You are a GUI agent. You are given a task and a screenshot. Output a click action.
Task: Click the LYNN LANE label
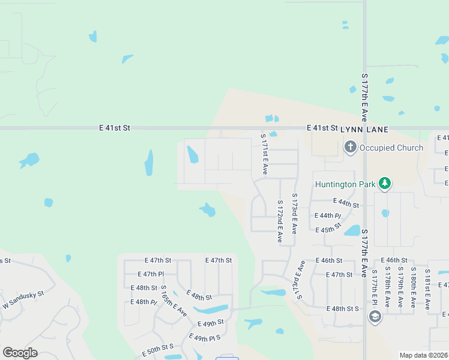[364, 129]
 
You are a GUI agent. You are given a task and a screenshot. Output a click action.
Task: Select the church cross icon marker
[350, 147]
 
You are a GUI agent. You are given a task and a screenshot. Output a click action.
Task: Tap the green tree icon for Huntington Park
[385, 183]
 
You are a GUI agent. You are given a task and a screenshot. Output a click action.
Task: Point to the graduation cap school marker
[375, 316]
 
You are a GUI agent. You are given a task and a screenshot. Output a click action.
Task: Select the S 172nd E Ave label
[280, 221]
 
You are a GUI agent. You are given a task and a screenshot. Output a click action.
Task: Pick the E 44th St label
[346, 205]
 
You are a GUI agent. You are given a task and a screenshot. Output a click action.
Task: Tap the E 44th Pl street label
[328, 215]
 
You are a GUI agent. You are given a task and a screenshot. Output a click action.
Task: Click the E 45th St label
[328, 228]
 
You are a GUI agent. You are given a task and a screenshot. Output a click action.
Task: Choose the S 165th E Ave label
[173, 302]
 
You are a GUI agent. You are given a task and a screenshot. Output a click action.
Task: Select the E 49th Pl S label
[205, 337]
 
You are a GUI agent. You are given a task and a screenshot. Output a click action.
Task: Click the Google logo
[20, 353]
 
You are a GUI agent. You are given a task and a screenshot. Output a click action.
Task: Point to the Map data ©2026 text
[423, 355]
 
